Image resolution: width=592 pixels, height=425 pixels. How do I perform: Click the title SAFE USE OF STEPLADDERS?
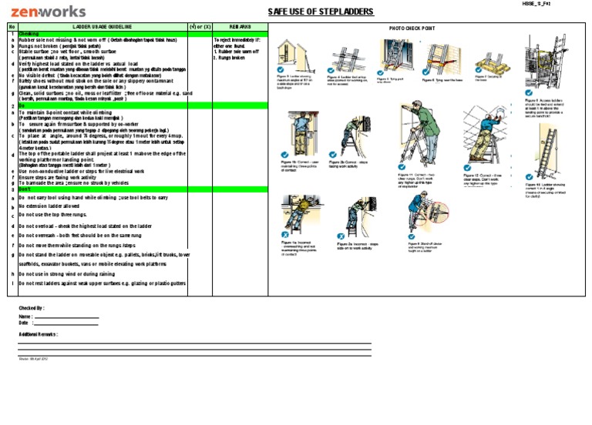pos(320,12)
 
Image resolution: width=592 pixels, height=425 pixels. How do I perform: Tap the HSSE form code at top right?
pos(540,4)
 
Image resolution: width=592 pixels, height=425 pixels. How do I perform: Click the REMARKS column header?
pos(240,27)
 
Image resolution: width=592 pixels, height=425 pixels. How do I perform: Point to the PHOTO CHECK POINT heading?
pos(412,28)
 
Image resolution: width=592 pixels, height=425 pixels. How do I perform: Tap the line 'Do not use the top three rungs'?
pos(59,216)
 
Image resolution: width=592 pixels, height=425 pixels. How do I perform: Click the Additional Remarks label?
pos(39,334)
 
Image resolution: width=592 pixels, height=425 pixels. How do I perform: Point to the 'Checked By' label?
pos(32,307)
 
